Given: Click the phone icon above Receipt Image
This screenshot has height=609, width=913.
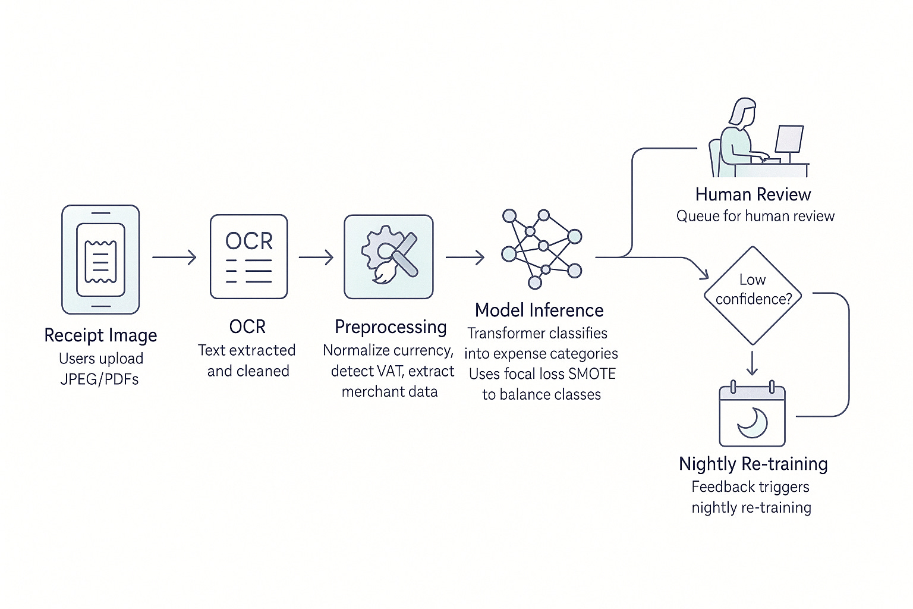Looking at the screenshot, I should tap(100, 259).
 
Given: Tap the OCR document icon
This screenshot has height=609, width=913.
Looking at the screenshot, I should tap(248, 256).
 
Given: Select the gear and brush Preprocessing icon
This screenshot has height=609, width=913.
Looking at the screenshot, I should tap(389, 256).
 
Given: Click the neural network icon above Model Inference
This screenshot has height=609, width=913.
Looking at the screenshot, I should tap(541, 247).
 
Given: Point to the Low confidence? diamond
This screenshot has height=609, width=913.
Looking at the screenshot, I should tap(753, 295).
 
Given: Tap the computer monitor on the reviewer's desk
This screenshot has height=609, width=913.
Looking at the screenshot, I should tap(789, 140).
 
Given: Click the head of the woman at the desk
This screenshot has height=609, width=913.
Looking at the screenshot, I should tap(742, 111).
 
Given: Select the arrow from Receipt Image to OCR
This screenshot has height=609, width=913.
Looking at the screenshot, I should tap(174, 257).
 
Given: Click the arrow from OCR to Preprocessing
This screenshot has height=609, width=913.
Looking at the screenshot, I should tap(316, 257).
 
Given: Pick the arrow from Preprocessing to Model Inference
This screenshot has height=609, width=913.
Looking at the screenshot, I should tap(465, 257).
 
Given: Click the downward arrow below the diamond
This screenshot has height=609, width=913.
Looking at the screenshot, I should tap(752, 363).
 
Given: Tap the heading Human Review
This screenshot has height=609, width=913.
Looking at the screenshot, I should tap(753, 194).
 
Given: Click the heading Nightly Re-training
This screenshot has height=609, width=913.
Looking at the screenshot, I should tap(753, 463).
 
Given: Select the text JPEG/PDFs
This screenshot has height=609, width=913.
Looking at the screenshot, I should tap(99, 379).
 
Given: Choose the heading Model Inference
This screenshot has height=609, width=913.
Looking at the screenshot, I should tap(539, 310).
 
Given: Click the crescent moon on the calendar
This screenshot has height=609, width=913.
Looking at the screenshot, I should tap(753, 422).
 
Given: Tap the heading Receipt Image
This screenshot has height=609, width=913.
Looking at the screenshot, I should tap(100, 335).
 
